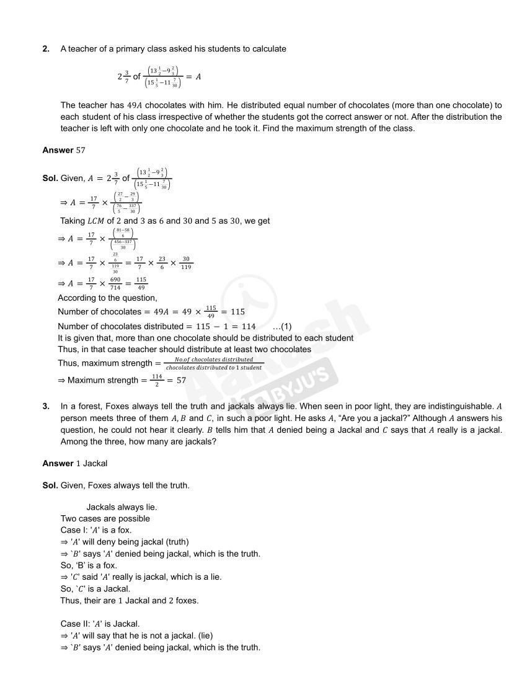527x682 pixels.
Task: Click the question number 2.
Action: [x=46, y=49]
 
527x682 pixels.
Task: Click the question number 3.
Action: [x=46, y=406]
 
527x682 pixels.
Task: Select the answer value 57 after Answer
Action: [x=81, y=151]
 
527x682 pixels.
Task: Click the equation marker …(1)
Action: [x=282, y=327]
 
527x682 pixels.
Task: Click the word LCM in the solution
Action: [x=95, y=221]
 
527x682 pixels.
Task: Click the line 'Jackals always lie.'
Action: [x=122, y=507]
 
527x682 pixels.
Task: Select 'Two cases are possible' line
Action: [x=105, y=518]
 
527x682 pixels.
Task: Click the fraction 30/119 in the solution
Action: [x=186, y=263]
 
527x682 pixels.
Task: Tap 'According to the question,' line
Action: [x=107, y=298]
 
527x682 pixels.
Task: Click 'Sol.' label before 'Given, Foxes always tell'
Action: [x=50, y=485]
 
